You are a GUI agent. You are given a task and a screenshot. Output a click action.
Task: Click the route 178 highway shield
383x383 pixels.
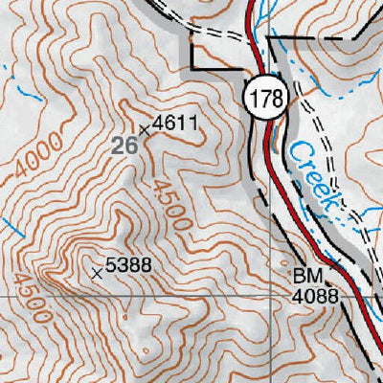click(264, 98)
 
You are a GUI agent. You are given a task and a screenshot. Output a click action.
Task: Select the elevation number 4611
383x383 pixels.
click(174, 123)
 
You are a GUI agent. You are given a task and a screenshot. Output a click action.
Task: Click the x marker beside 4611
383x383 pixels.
click(145, 128)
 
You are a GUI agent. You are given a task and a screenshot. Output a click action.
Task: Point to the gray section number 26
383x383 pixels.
click(123, 146)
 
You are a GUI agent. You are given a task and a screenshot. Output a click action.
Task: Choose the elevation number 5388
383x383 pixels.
click(128, 268)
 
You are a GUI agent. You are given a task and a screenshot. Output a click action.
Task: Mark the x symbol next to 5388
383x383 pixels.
click(96, 273)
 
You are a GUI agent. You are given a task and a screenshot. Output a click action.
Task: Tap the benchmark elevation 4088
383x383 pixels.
click(315, 297)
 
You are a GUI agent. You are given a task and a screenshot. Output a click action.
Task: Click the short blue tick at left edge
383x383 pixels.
click(11, 226)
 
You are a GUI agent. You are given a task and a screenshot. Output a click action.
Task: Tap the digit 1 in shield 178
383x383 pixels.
click(254, 98)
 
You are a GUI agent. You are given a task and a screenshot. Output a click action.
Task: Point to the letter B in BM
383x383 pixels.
click(300, 277)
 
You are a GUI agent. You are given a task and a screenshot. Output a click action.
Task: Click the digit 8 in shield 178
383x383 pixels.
click(274, 98)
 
